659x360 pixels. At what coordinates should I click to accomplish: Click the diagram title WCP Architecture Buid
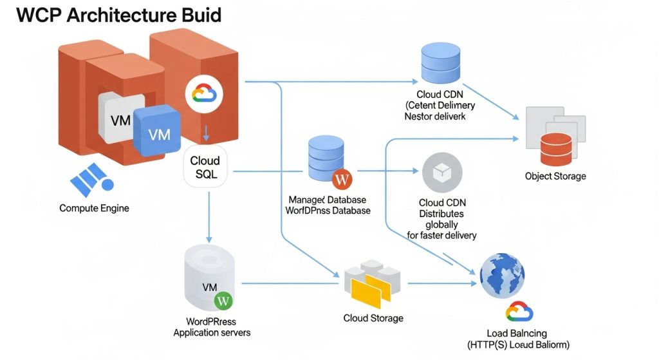(118, 15)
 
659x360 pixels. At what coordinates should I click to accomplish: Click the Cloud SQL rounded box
(205, 167)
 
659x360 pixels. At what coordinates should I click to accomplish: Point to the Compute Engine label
(94, 208)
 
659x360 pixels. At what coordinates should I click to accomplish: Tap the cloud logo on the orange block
(203, 94)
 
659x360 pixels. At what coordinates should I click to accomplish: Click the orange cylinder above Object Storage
(555, 149)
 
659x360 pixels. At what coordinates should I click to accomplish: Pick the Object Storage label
(555, 176)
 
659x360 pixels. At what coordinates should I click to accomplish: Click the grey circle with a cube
(441, 172)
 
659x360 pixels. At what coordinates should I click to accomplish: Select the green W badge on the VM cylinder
(224, 299)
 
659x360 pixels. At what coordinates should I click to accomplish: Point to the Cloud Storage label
(373, 318)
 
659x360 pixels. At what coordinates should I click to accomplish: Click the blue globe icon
(502, 274)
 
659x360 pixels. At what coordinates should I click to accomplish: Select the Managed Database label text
(328, 200)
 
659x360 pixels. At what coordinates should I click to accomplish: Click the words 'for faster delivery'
(441, 236)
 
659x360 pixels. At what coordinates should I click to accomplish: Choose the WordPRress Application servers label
(212, 327)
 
